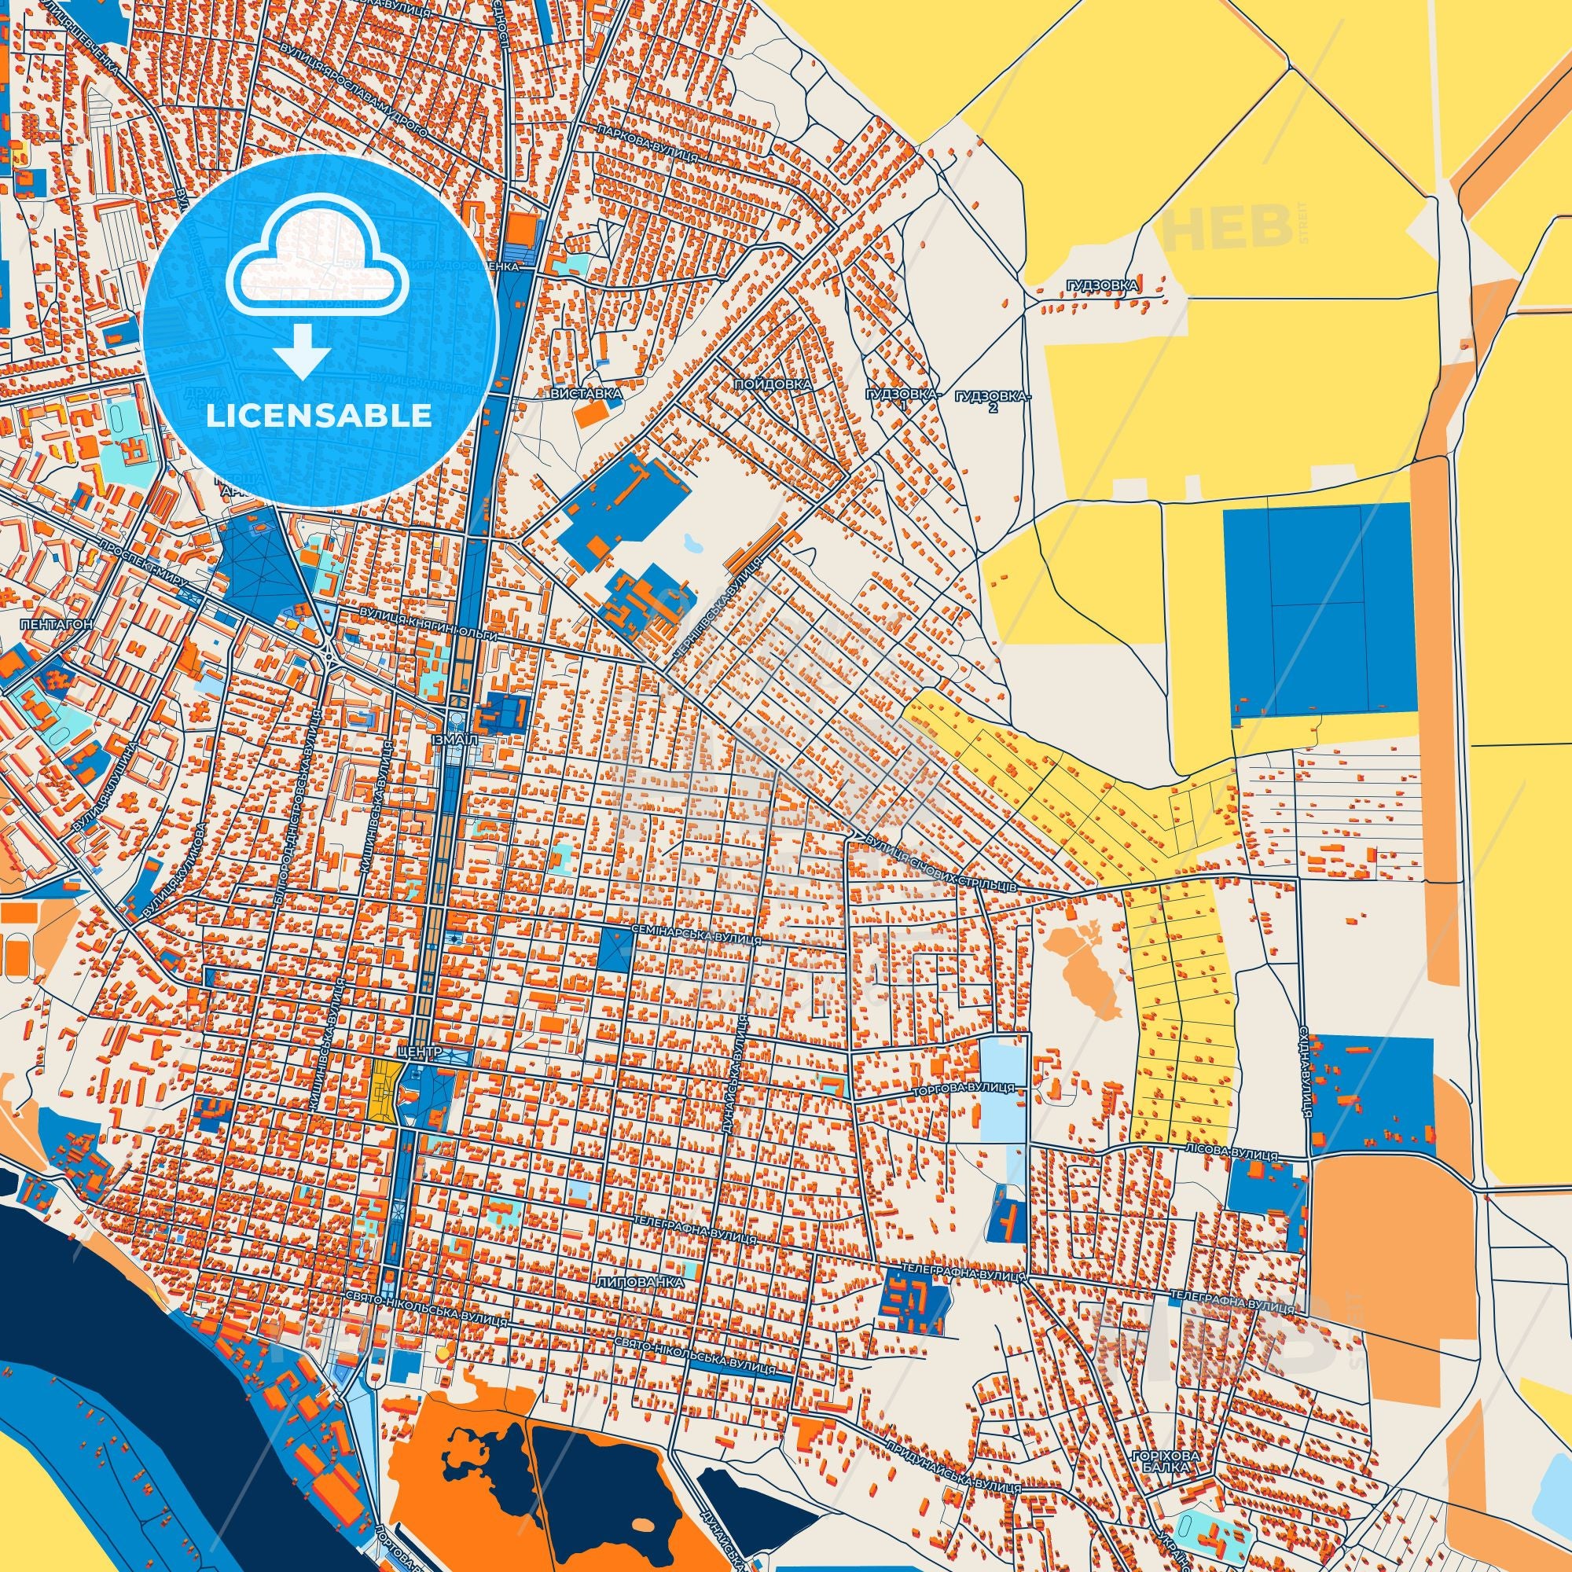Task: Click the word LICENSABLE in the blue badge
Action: [x=319, y=416]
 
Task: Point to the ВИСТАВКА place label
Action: [x=586, y=394]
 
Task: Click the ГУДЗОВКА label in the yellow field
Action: [x=1103, y=285]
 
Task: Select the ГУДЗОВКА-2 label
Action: [x=994, y=400]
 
